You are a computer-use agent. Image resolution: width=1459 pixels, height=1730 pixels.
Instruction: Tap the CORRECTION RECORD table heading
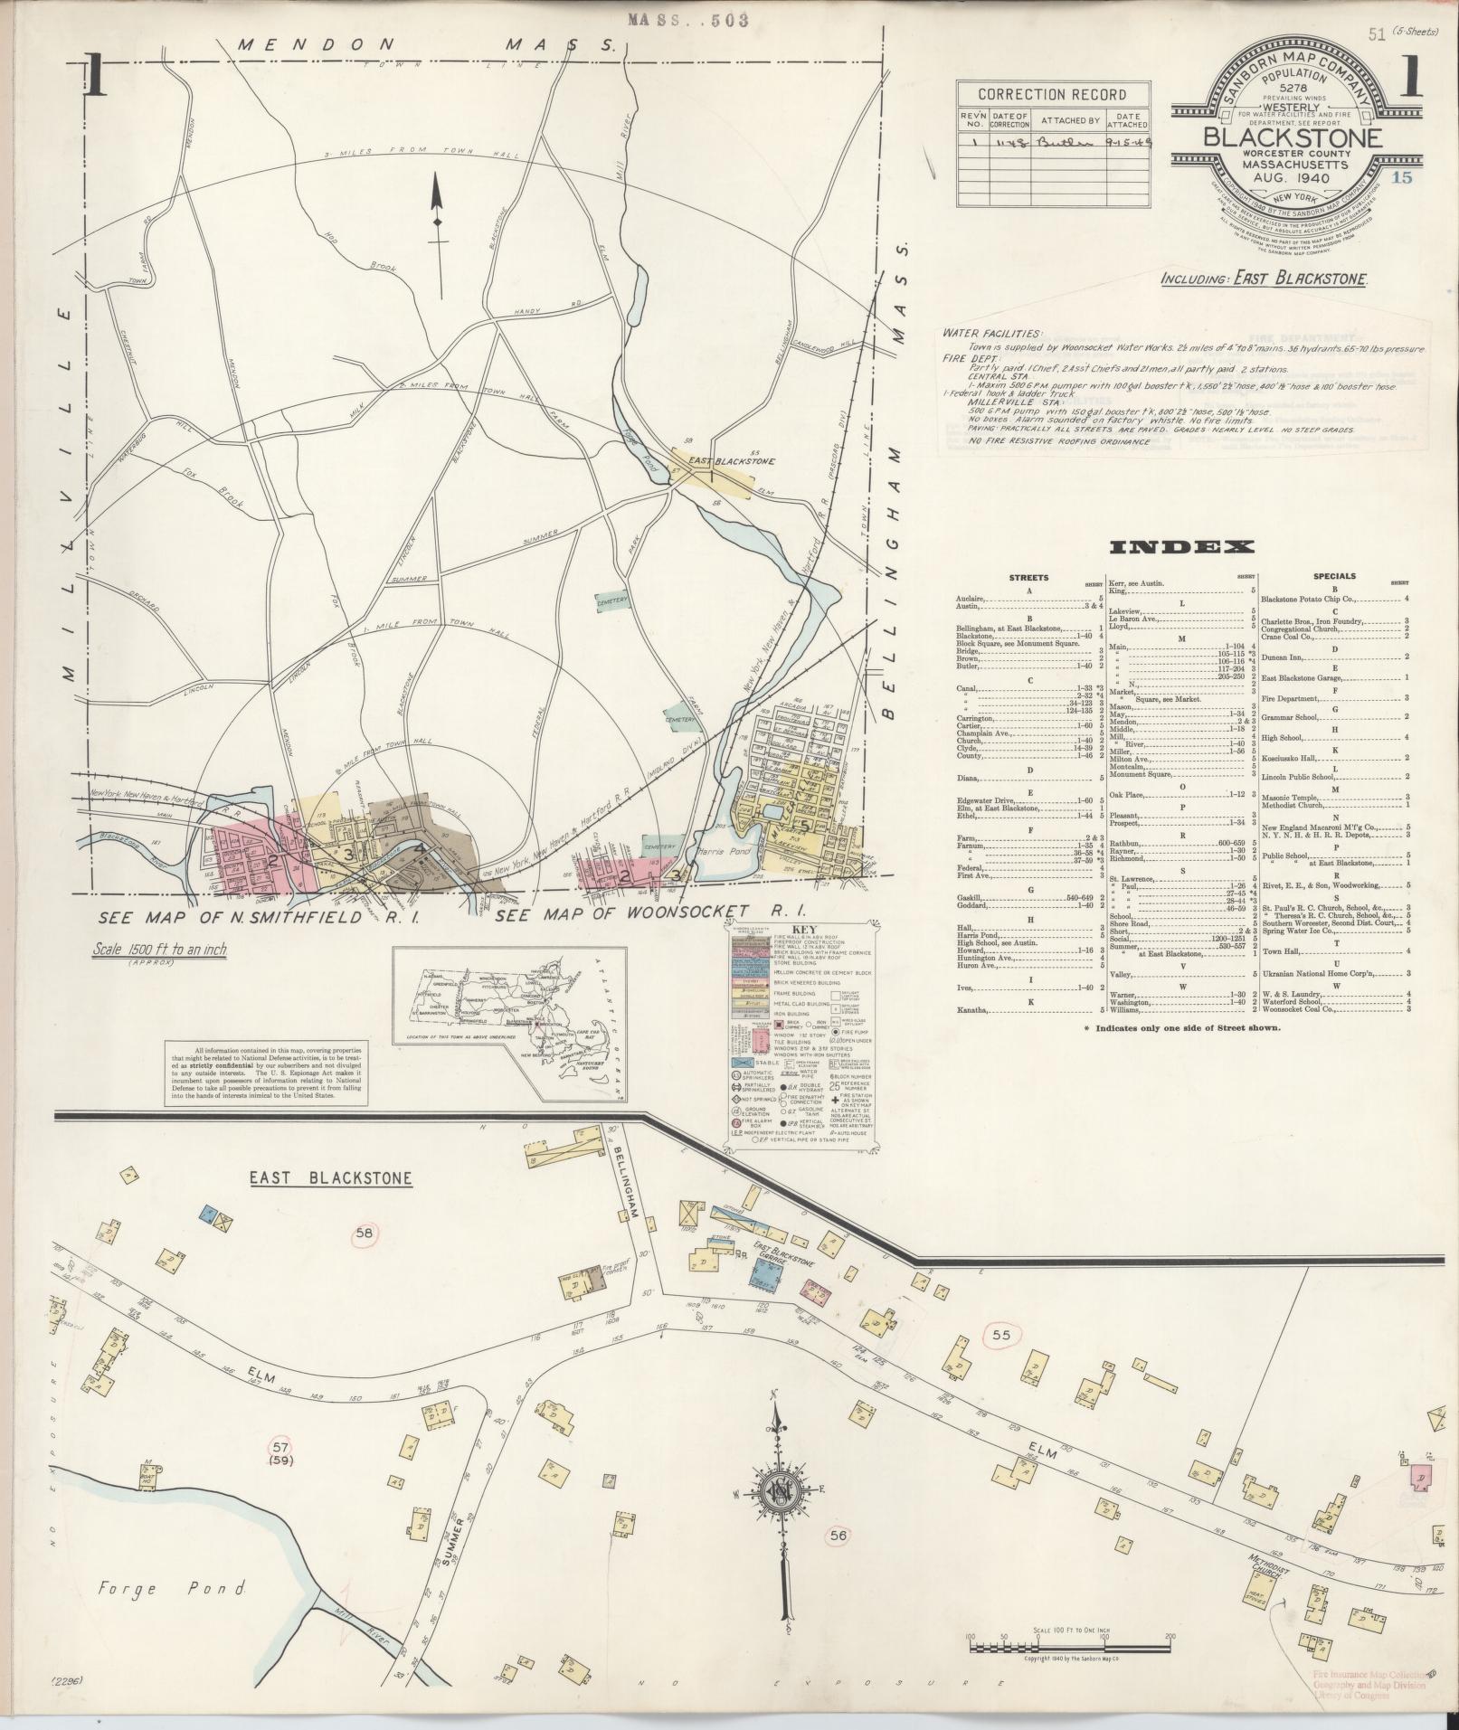click(1053, 95)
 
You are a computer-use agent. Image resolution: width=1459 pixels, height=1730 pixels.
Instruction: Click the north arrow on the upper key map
click(437, 235)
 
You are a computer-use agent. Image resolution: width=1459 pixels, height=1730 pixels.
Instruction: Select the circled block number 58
click(365, 1232)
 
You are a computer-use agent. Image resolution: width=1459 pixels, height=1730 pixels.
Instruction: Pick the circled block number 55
click(1000, 1335)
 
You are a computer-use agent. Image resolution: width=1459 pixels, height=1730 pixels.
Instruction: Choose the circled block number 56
click(838, 1534)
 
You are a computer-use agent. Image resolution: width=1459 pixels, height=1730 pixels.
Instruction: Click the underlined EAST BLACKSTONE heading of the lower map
click(331, 1178)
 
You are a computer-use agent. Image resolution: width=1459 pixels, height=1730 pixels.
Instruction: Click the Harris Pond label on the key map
click(720, 853)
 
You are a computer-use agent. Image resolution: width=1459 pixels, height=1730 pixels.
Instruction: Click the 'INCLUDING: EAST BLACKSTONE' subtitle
click(1264, 279)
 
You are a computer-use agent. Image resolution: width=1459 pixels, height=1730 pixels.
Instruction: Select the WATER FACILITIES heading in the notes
click(991, 334)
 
